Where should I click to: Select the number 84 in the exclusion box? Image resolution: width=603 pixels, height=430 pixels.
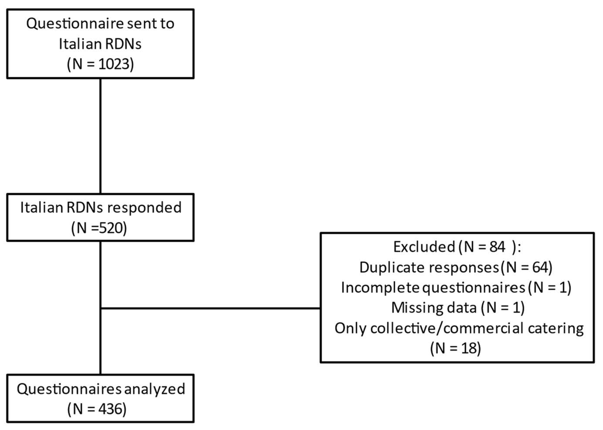click(497, 247)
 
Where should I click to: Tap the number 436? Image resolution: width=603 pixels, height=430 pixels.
click(110, 409)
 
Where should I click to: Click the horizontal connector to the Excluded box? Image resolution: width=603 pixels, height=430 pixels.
click(210, 308)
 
